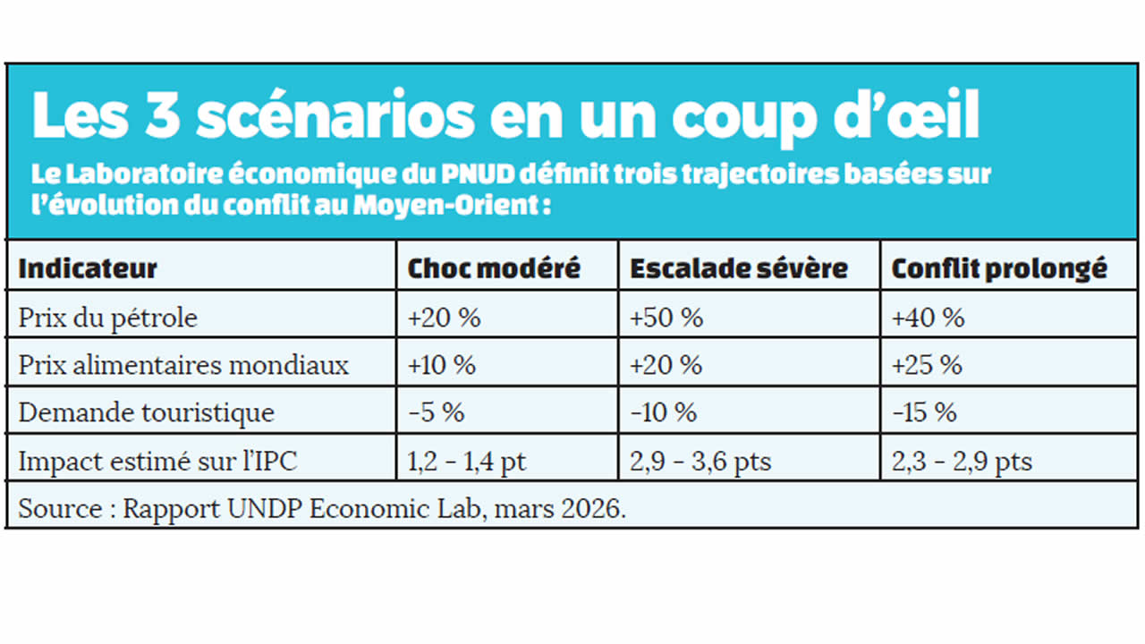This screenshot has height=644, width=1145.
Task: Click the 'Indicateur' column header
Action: click(88, 268)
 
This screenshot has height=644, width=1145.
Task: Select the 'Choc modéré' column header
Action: click(494, 268)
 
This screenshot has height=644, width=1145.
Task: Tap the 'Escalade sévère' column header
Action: click(739, 268)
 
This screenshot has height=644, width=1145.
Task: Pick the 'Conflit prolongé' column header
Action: click(999, 268)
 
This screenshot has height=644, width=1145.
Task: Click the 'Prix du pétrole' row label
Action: click(107, 318)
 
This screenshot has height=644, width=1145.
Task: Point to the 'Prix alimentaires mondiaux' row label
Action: click(183, 365)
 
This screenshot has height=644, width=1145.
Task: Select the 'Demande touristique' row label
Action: click(146, 412)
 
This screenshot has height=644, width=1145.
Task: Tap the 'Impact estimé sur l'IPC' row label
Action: click(157, 461)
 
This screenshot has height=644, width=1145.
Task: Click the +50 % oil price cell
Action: click(666, 318)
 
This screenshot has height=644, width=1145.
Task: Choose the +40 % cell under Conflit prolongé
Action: click(929, 318)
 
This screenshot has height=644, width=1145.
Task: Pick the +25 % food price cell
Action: click(927, 365)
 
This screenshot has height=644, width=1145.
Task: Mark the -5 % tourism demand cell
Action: click(436, 412)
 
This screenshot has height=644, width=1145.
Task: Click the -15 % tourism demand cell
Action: click(924, 412)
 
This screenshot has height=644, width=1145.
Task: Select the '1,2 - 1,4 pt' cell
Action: click(467, 461)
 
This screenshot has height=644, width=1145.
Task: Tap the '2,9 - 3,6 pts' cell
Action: click(700, 461)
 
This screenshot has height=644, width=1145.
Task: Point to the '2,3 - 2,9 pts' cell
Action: click(962, 461)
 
